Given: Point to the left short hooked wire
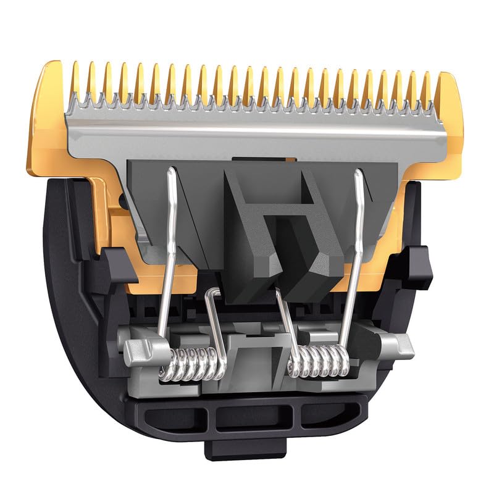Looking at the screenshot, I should (x=213, y=315).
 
